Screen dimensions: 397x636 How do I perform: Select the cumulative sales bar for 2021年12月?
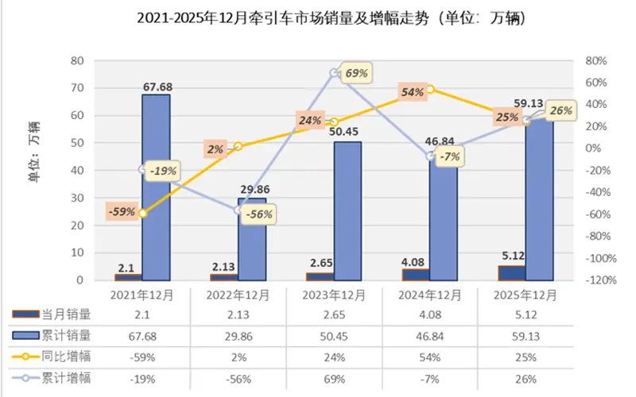tap(156, 187)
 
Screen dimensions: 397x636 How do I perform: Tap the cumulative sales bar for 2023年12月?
tap(347, 210)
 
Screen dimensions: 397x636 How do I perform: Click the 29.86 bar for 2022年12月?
tap(251, 238)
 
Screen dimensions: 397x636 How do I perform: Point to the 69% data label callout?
tap(355, 73)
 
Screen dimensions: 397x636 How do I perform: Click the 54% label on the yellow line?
tap(412, 92)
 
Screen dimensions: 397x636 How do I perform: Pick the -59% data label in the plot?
tap(122, 212)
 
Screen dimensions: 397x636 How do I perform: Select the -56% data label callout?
tap(259, 214)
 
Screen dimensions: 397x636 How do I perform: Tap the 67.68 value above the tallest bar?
tap(157, 87)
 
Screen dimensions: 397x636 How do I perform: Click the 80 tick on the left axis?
tap(77, 60)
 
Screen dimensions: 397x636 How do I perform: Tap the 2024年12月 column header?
tap(429, 295)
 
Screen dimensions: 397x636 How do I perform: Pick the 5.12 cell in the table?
tap(524, 316)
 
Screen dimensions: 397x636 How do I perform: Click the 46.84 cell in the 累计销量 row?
tap(429, 337)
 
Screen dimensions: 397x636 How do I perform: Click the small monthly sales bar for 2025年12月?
tap(511, 272)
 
